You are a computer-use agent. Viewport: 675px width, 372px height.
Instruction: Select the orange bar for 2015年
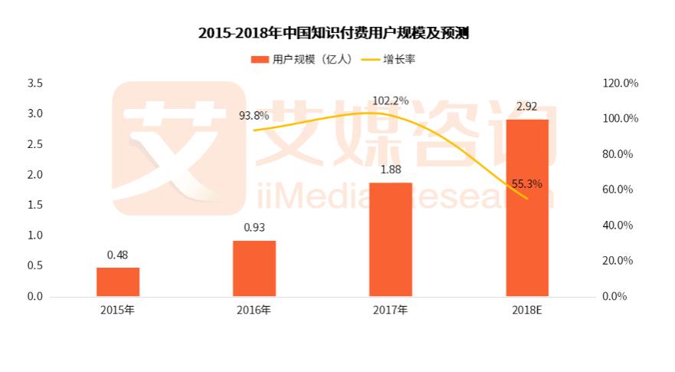(x=117, y=281)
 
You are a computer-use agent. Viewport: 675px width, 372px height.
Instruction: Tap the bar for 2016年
(x=254, y=268)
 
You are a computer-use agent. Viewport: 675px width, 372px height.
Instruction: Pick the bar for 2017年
(x=390, y=239)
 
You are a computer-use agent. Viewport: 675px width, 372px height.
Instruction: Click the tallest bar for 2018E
(x=526, y=208)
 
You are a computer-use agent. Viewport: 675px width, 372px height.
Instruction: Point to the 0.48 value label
(x=117, y=255)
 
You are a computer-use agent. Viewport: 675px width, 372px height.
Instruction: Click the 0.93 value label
(x=254, y=228)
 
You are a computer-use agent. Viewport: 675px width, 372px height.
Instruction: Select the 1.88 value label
(x=390, y=170)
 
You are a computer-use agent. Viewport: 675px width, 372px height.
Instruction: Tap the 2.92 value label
(x=526, y=107)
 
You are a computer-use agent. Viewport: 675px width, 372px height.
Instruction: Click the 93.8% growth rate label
(x=254, y=116)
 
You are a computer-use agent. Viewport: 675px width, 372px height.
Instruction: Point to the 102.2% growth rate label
(x=390, y=100)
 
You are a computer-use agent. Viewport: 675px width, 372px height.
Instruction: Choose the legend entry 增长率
(x=398, y=59)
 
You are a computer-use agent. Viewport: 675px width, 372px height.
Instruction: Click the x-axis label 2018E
(x=526, y=311)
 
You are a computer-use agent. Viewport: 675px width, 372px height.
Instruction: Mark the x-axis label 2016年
(x=254, y=311)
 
